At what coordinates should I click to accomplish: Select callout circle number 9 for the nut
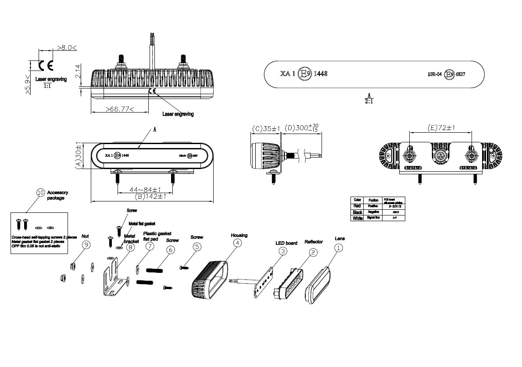click(x=86, y=245)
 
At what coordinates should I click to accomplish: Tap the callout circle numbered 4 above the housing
click(x=237, y=243)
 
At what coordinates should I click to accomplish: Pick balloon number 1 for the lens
click(x=339, y=247)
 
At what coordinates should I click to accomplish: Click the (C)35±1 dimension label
click(x=266, y=128)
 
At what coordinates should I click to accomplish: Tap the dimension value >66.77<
click(x=120, y=109)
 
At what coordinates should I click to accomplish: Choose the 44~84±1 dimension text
click(x=146, y=190)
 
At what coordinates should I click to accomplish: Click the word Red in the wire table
click(x=358, y=205)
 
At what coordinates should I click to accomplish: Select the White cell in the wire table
click(x=358, y=218)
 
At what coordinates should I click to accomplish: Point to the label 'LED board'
click(x=286, y=243)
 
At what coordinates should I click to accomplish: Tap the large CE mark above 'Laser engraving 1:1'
click(x=46, y=66)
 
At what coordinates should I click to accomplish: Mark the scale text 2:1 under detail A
click(x=369, y=101)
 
